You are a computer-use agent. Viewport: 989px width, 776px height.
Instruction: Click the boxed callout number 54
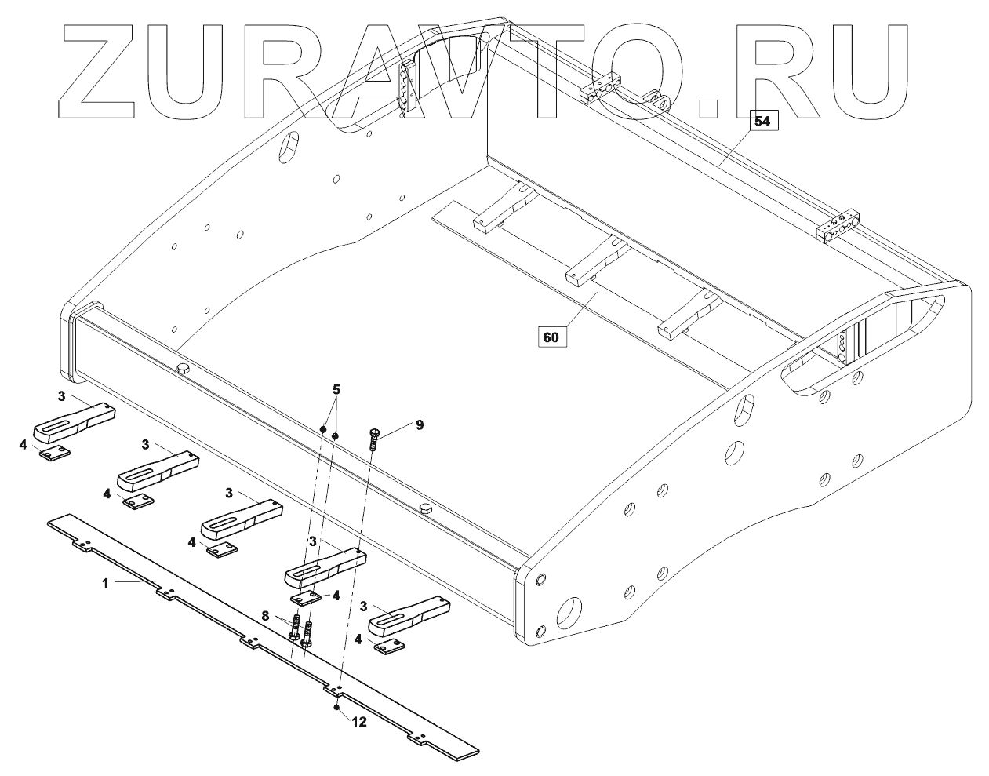(761, 121)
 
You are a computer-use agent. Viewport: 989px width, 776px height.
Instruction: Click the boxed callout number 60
(551, 337)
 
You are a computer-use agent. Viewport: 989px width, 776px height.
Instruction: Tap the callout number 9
(420, 424)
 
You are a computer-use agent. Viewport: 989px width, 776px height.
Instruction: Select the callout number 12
(358, 723)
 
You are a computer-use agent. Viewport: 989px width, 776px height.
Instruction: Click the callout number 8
(265, 617)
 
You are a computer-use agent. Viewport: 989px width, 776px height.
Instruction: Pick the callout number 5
(336, 388)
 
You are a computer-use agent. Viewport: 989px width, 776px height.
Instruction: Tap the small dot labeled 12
(336, 707)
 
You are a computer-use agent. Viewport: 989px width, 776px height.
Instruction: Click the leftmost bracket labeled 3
(72, 421)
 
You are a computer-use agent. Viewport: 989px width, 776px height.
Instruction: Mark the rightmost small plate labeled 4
(390, 646)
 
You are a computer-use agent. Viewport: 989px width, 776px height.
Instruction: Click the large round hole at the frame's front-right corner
(570, 610)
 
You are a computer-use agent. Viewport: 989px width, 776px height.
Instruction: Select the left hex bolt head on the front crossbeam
(185, 369)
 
